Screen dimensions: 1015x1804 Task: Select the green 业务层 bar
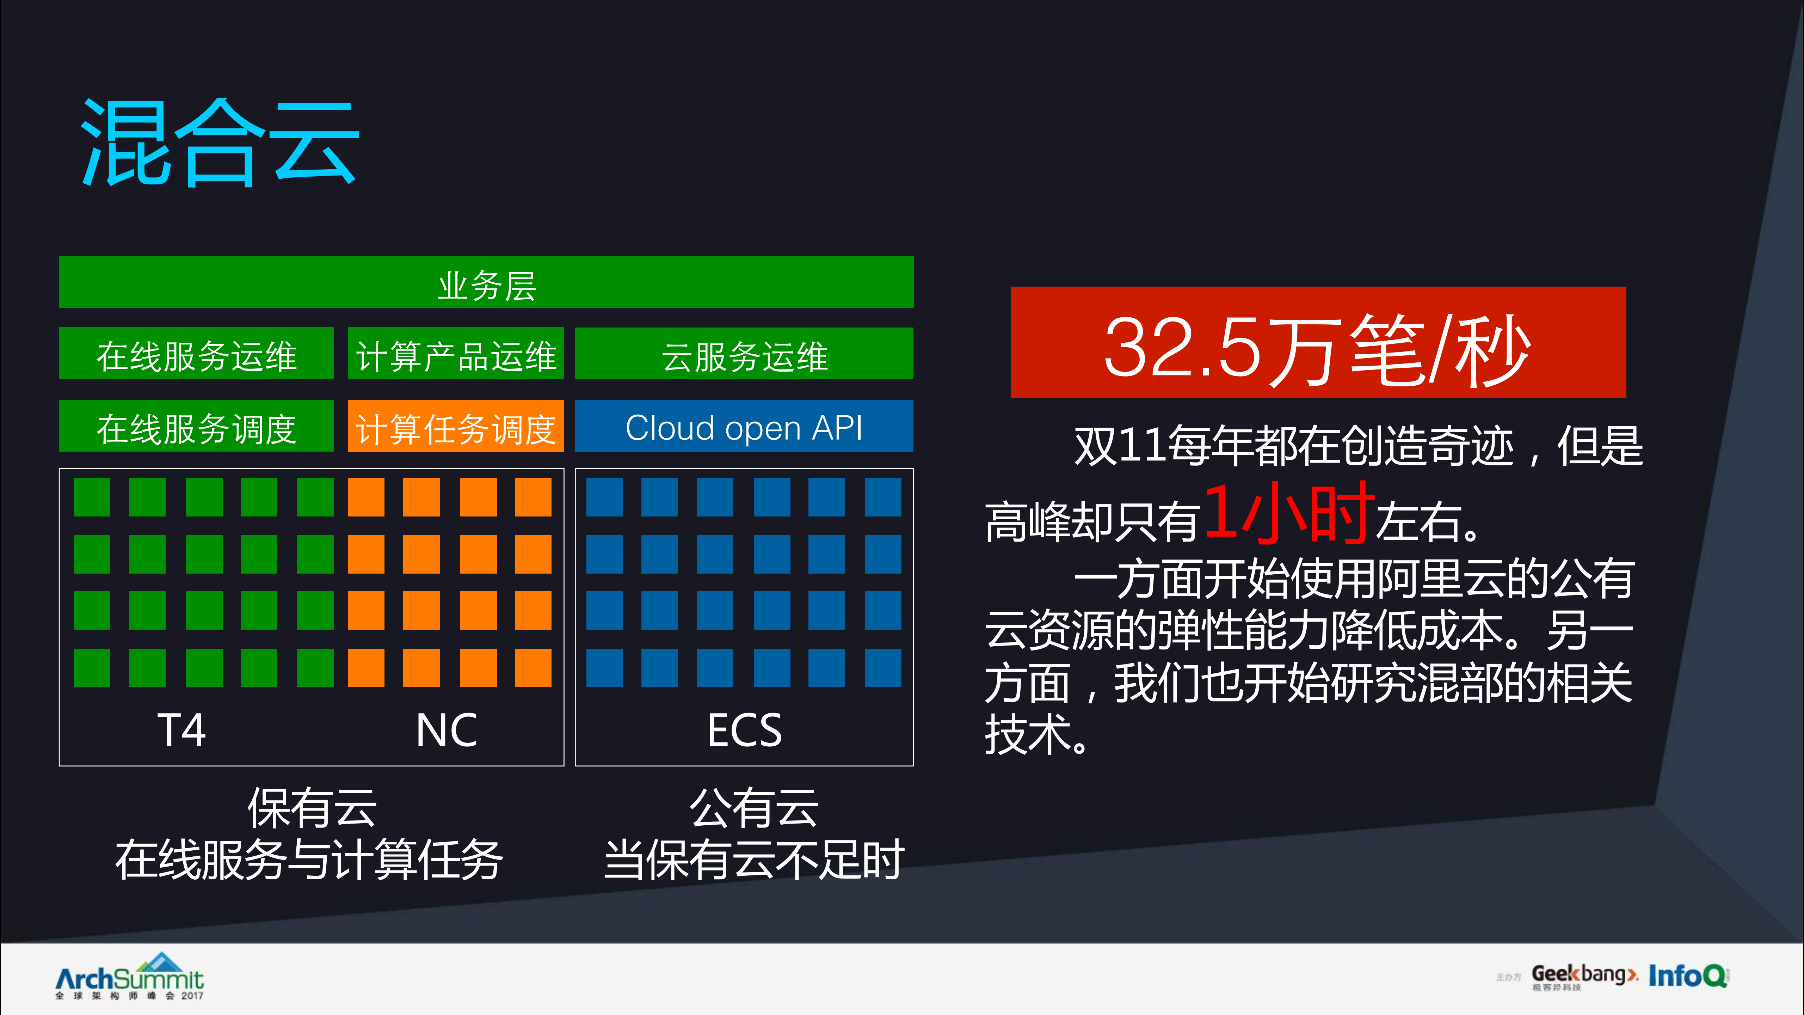pos(486,282)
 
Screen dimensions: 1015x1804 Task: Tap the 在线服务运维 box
pos(196,354)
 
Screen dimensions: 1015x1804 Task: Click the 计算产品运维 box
pos(456,354)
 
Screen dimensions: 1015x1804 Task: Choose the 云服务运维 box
pos(744,354)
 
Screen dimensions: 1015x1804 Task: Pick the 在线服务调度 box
pos(196,427)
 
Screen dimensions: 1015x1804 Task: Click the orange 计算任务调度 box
pos(456,427)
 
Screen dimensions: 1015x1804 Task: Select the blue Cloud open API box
pos(744,427)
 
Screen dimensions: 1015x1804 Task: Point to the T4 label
pos(181,730)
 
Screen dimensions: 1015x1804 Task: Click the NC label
pos(446,730)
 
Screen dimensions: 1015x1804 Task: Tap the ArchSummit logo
pos(130,977)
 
